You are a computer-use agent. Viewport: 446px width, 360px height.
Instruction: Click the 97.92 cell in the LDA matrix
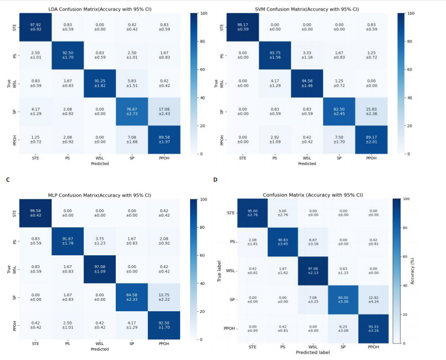pyautogui.click(x=36, y=27)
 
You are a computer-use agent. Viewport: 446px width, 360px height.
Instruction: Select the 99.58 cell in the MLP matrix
pyautogui.click(x=36, y=212)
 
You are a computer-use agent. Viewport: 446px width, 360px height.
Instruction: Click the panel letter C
pyautogui.click(x=7, y=179)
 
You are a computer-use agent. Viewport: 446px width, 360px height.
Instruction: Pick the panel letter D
pyautogui.click(x=215, y=179)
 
